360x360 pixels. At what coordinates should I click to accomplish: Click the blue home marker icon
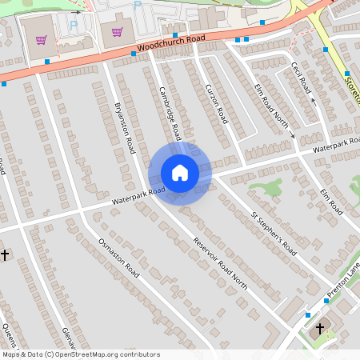[179, 173]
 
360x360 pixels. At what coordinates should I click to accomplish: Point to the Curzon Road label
[216, 102]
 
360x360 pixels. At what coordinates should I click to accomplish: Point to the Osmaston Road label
[118, 258]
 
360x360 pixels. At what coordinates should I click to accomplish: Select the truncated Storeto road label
[352, 84]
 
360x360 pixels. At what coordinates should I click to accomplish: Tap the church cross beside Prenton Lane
[320, 328]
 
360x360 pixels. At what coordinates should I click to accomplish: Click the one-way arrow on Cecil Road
[314, 102]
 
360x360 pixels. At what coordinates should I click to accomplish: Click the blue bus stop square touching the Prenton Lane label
[326, 301]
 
